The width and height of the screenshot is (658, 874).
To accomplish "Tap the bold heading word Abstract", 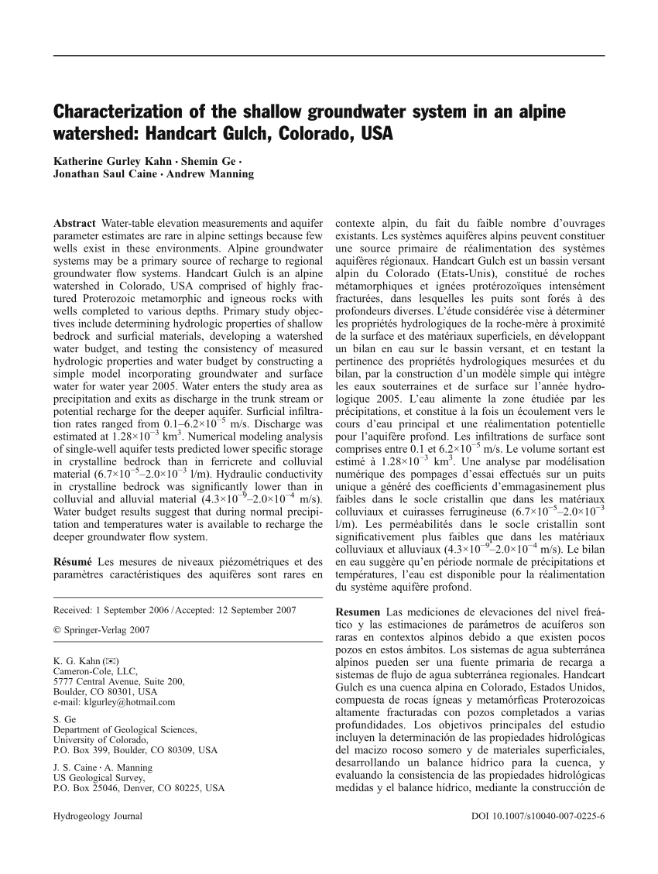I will point(74,223).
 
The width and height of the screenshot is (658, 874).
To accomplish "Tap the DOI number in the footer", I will point(537,816).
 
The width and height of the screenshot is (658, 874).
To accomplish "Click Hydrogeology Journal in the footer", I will point(98,816).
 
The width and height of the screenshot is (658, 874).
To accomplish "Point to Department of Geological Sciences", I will point(125,729).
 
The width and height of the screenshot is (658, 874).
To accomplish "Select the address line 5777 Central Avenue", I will point(118,682).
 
